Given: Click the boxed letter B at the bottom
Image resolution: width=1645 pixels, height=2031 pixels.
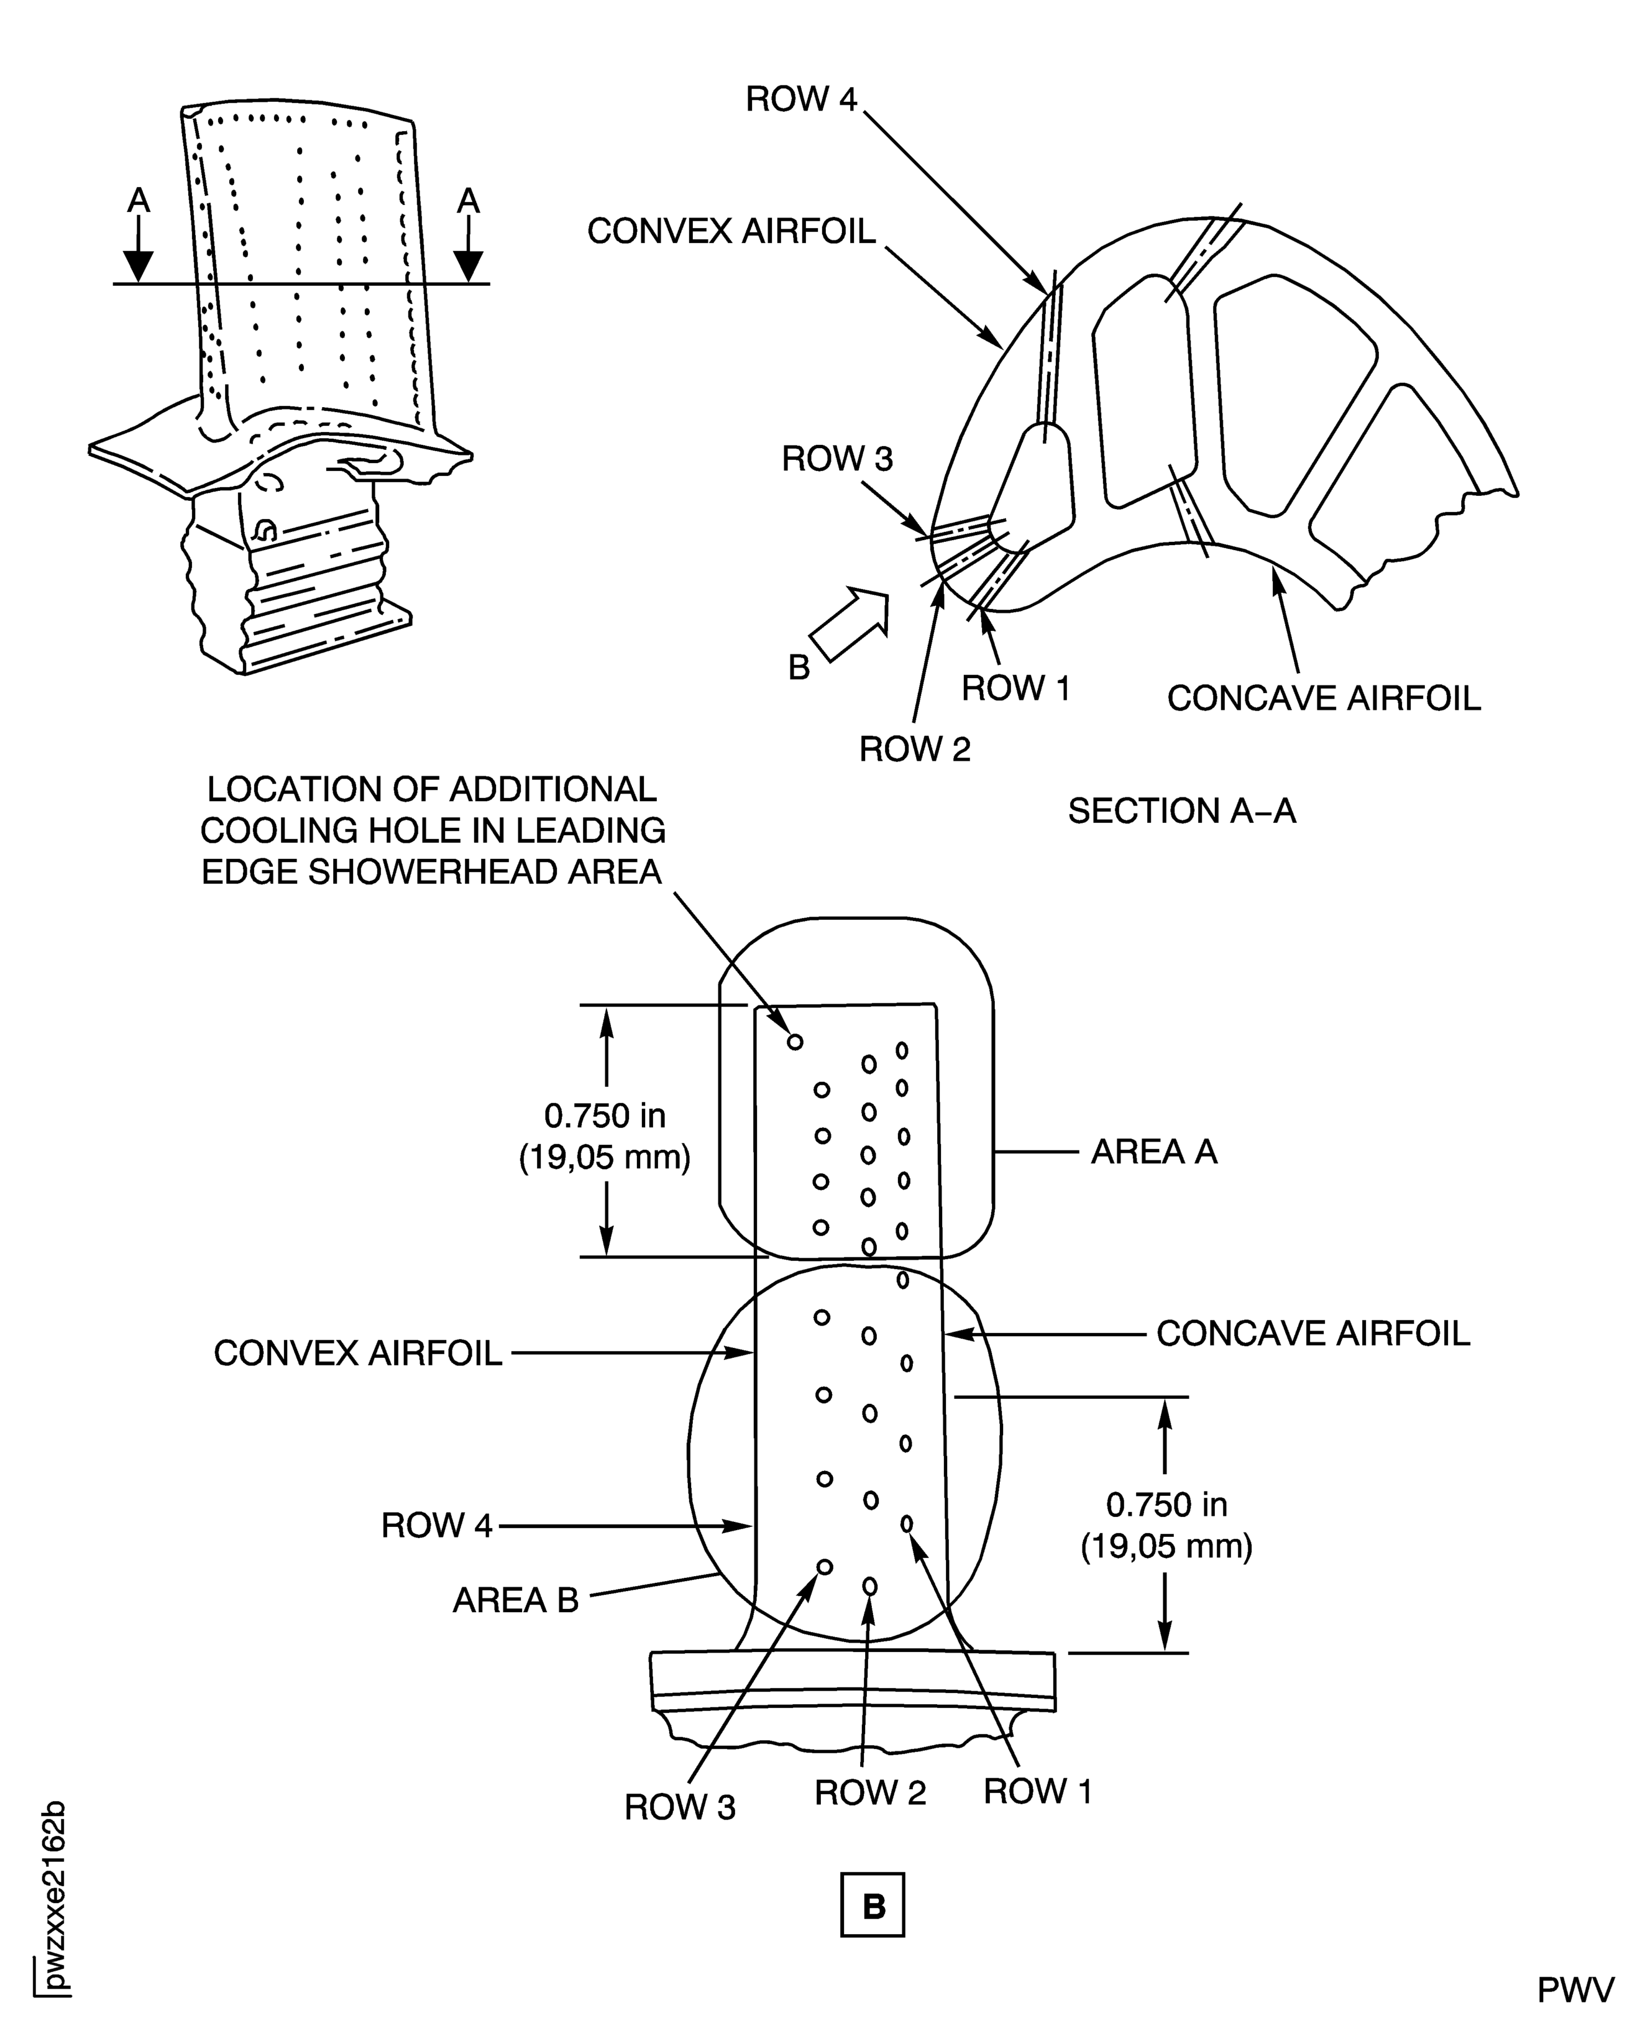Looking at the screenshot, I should coord(873,1905).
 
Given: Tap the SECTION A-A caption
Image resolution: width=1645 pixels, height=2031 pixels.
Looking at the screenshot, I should coord(1181,811).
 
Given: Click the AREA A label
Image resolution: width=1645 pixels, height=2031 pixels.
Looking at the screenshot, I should coord(1153,1152).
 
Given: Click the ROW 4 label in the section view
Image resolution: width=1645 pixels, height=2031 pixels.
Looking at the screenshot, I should coord(800,99).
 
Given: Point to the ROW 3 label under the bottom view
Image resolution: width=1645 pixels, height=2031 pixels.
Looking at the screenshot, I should coord(679,1807).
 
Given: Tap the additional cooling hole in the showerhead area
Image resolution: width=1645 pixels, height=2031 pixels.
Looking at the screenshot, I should coord(795,1042).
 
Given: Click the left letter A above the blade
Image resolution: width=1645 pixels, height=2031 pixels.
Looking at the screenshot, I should coord(139,201).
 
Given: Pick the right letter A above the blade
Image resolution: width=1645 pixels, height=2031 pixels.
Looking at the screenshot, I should coord(468,201).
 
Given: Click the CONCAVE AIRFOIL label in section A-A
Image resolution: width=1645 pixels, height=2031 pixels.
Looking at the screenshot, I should coord(1323,699).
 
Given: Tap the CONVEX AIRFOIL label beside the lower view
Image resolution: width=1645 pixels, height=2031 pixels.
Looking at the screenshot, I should coord(357,1354).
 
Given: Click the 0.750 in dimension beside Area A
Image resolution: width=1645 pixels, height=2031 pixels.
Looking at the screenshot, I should coord(605,1116).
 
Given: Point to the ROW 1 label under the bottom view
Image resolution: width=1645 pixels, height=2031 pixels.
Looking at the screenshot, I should coord(1038,1791).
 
